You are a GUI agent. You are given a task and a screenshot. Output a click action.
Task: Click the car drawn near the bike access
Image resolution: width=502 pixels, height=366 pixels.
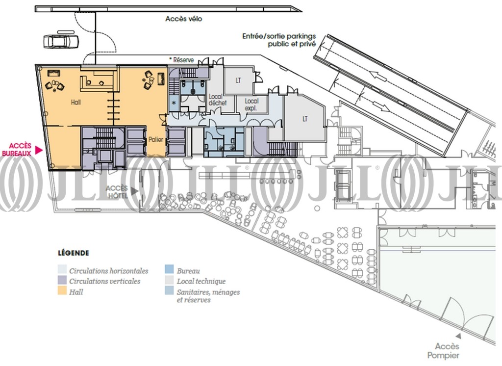(61, 41)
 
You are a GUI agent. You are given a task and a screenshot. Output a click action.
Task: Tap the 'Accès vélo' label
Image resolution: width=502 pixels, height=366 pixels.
(184, 19)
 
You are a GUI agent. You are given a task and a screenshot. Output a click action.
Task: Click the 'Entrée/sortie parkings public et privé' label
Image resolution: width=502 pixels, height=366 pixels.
(279, 40)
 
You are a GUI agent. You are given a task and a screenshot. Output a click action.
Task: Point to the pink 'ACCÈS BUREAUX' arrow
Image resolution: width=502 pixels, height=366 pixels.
(39, 150)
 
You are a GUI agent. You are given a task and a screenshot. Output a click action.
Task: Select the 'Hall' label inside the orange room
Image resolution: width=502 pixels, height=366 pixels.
(76, 102)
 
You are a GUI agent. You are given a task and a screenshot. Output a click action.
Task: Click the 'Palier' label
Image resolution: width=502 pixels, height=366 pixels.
(155, 140)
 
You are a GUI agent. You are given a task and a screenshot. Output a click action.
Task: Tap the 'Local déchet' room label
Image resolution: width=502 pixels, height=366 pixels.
(218, 100)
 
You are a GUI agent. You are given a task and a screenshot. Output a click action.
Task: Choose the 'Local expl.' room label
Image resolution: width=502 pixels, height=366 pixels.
(251, 105)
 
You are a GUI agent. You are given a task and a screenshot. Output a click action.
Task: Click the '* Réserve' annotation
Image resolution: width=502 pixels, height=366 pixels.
(181, 60)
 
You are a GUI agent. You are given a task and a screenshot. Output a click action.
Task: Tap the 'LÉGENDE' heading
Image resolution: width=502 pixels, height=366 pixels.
(74, 253)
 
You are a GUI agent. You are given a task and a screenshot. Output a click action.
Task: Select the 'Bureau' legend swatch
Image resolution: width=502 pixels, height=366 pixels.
(169, 269)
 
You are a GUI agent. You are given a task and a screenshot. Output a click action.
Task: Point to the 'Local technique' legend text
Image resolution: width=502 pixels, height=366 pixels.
(201, 282)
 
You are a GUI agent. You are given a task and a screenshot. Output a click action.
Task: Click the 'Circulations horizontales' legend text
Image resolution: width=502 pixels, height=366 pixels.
(109, 271)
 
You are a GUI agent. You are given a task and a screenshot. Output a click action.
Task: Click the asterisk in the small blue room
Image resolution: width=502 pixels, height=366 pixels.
(174, 103)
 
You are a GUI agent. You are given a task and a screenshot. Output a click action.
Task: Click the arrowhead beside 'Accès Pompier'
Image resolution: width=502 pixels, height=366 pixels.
(458, 336)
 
